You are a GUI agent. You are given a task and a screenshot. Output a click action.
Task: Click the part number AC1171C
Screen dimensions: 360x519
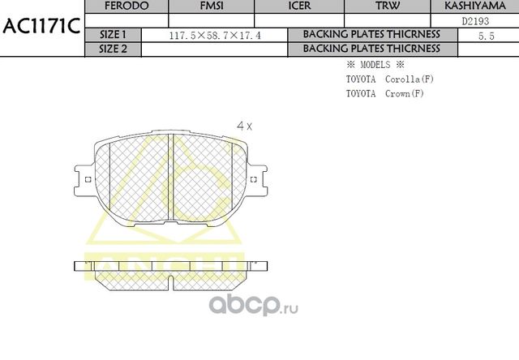41,27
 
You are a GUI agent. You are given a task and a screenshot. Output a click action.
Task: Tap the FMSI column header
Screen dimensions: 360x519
211,6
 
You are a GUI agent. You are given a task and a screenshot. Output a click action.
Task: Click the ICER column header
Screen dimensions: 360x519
298,6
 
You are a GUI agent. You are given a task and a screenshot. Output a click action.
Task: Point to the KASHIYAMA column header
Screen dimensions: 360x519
474,6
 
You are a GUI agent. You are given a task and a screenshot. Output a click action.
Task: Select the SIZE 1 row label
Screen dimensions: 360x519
113,35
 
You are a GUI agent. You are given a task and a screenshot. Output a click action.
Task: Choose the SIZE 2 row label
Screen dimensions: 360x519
113,49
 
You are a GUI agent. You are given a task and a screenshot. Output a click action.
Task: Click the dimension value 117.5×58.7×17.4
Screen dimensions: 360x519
214,36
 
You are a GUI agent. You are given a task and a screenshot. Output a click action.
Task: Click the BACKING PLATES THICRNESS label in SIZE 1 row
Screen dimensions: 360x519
371,35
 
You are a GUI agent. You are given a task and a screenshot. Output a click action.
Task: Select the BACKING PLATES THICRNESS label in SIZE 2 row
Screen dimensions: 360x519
371,49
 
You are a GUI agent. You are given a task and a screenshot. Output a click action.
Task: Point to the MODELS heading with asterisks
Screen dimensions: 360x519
375,65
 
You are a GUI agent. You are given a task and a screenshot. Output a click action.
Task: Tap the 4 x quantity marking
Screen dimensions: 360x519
244,126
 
